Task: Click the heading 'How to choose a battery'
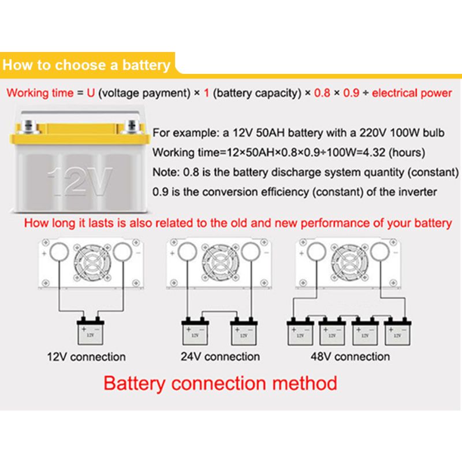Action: click(x=87, y=65)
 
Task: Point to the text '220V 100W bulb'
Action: click(x=398, y=133)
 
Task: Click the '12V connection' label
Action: click(x=86, y=356)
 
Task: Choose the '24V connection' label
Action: click(x=220, y=356)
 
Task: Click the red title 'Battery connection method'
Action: click(x=220, y=383)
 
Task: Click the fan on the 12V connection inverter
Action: click(x=90, y=260)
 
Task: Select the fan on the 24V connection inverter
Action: click(x=219, y=260)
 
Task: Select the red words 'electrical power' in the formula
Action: click(x=412, y=93)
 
